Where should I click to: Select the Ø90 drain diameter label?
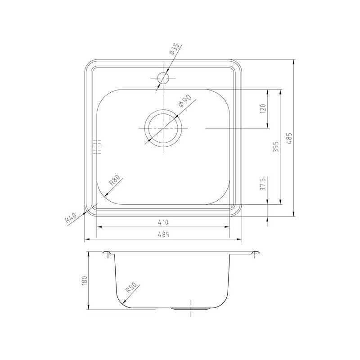click(x=185, y=101)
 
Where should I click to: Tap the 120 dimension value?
click(x=263, y=108)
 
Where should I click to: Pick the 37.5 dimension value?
click(x=263, y=184)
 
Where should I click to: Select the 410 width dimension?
click(x=163, y=222)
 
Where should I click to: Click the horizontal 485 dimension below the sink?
click(x=163, y=234)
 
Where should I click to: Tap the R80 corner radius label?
click(x=114, y=180)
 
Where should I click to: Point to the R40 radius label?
click(x=71, y=218)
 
